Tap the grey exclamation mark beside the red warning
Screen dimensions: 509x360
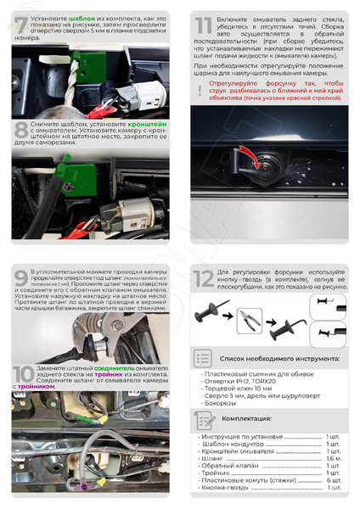pos(200,90)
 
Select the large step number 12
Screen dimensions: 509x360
pos(204,279)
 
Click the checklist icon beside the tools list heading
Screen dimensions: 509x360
pos(202,358)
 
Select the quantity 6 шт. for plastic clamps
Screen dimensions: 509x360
pos(334,480)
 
